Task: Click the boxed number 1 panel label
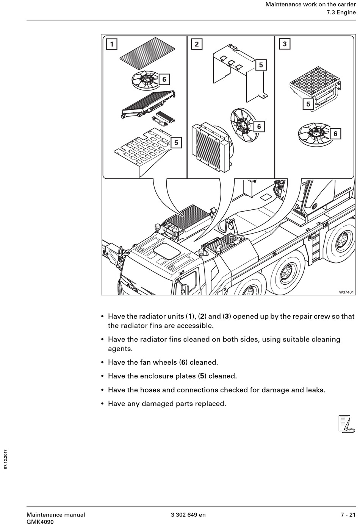point(111,44)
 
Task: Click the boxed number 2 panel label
point(196,44)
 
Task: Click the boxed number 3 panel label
point(285,44)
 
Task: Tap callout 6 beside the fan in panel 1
point(164,80)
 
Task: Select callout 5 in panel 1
point(176,143)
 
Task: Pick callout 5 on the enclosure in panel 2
point(261,65)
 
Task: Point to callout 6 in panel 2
point(259,126)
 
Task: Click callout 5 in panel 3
point(308,104)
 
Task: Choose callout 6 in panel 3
point(335,134)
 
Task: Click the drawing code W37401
point(346,292)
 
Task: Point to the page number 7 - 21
point(348,515)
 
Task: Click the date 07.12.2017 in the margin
point(6,459)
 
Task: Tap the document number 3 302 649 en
point(188,515)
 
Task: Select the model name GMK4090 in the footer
point(40,522)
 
